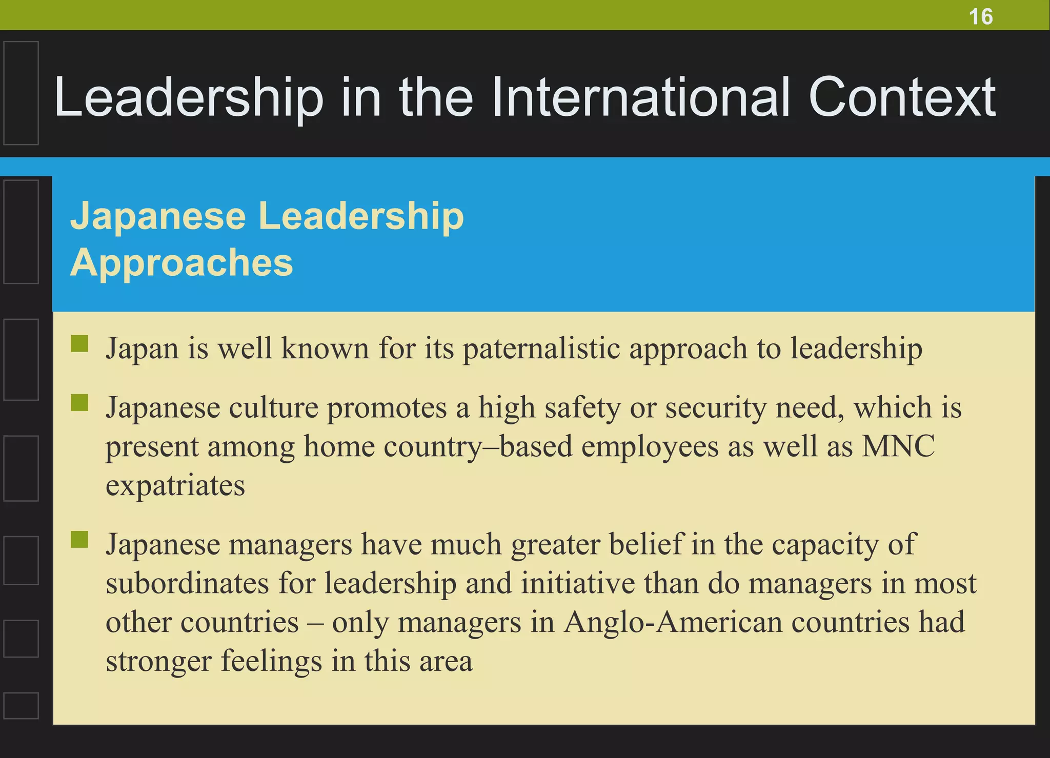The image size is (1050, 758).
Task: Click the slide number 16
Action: [980, 16]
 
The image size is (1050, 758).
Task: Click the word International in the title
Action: [641, 97]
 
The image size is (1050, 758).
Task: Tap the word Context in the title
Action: [902, 97]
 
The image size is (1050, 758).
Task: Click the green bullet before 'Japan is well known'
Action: [79, 344]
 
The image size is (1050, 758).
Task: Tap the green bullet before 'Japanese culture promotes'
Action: [79, 403]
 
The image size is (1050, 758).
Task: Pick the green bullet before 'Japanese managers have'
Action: [79, 539]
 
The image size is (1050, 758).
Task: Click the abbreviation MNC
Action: [898, 446]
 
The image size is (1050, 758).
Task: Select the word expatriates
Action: [175, 486]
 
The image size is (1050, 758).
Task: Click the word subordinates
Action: [187, 583]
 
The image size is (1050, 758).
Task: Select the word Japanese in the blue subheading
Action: [158, 216]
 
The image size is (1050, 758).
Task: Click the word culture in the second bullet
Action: [273, 408]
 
